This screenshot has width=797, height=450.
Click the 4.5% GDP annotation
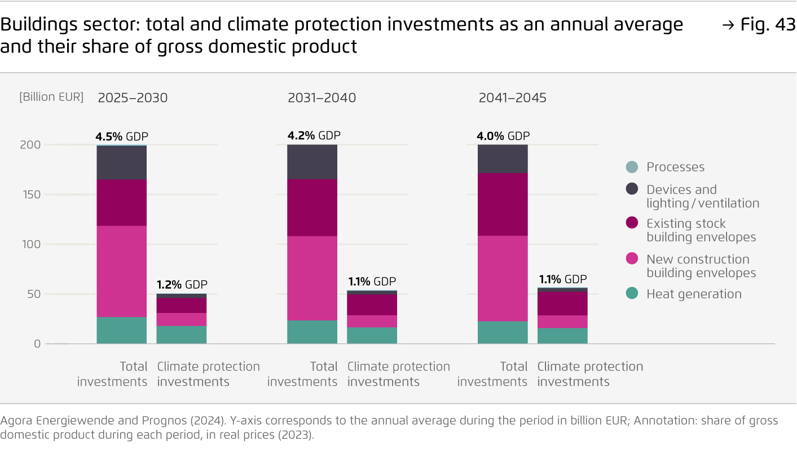122,136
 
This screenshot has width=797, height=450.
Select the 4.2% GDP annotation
314,135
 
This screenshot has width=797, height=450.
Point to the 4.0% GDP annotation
503,136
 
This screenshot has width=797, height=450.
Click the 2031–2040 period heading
322,98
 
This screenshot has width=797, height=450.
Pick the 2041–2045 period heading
512,98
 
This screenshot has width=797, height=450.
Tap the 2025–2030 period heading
133,98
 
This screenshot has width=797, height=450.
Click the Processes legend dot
632,167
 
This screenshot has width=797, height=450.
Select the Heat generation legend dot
632,294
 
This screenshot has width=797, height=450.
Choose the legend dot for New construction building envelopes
632,259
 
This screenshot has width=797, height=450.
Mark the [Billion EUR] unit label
51,97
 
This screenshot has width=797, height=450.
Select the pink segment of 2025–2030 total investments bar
122,271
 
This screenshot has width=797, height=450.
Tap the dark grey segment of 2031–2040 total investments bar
312,162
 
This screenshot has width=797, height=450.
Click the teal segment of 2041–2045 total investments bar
503,332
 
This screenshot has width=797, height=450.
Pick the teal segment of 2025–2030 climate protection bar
182,334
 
